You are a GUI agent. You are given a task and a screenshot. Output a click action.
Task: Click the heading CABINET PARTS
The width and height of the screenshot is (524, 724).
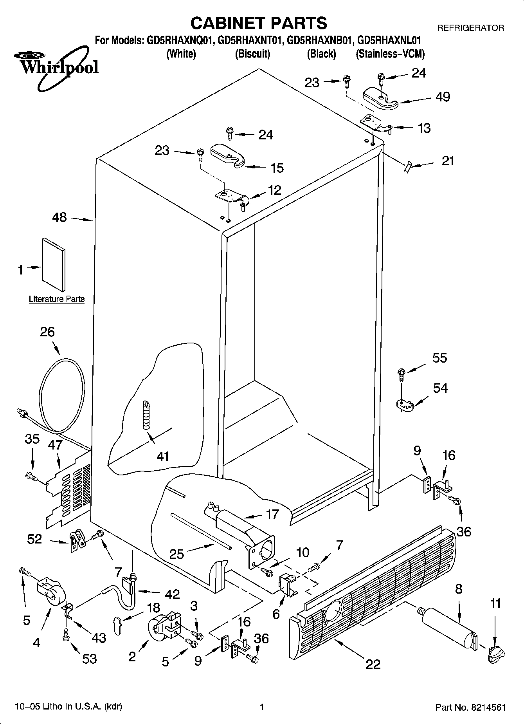tap(259, 23)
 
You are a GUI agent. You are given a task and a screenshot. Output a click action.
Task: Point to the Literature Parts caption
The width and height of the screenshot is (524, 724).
tap(57, 299)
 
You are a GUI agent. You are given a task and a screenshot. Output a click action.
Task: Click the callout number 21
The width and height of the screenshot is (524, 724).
tap(448, 161)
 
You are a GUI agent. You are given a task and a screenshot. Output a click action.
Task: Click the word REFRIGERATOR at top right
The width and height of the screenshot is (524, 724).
tap(470, 28)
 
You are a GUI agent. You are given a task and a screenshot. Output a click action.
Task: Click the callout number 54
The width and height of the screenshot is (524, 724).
tap(440, 388)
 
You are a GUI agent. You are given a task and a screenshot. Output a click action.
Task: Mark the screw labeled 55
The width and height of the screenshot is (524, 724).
tap(401, 374)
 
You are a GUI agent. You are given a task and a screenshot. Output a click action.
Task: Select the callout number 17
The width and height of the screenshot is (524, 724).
tap(272, 514)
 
